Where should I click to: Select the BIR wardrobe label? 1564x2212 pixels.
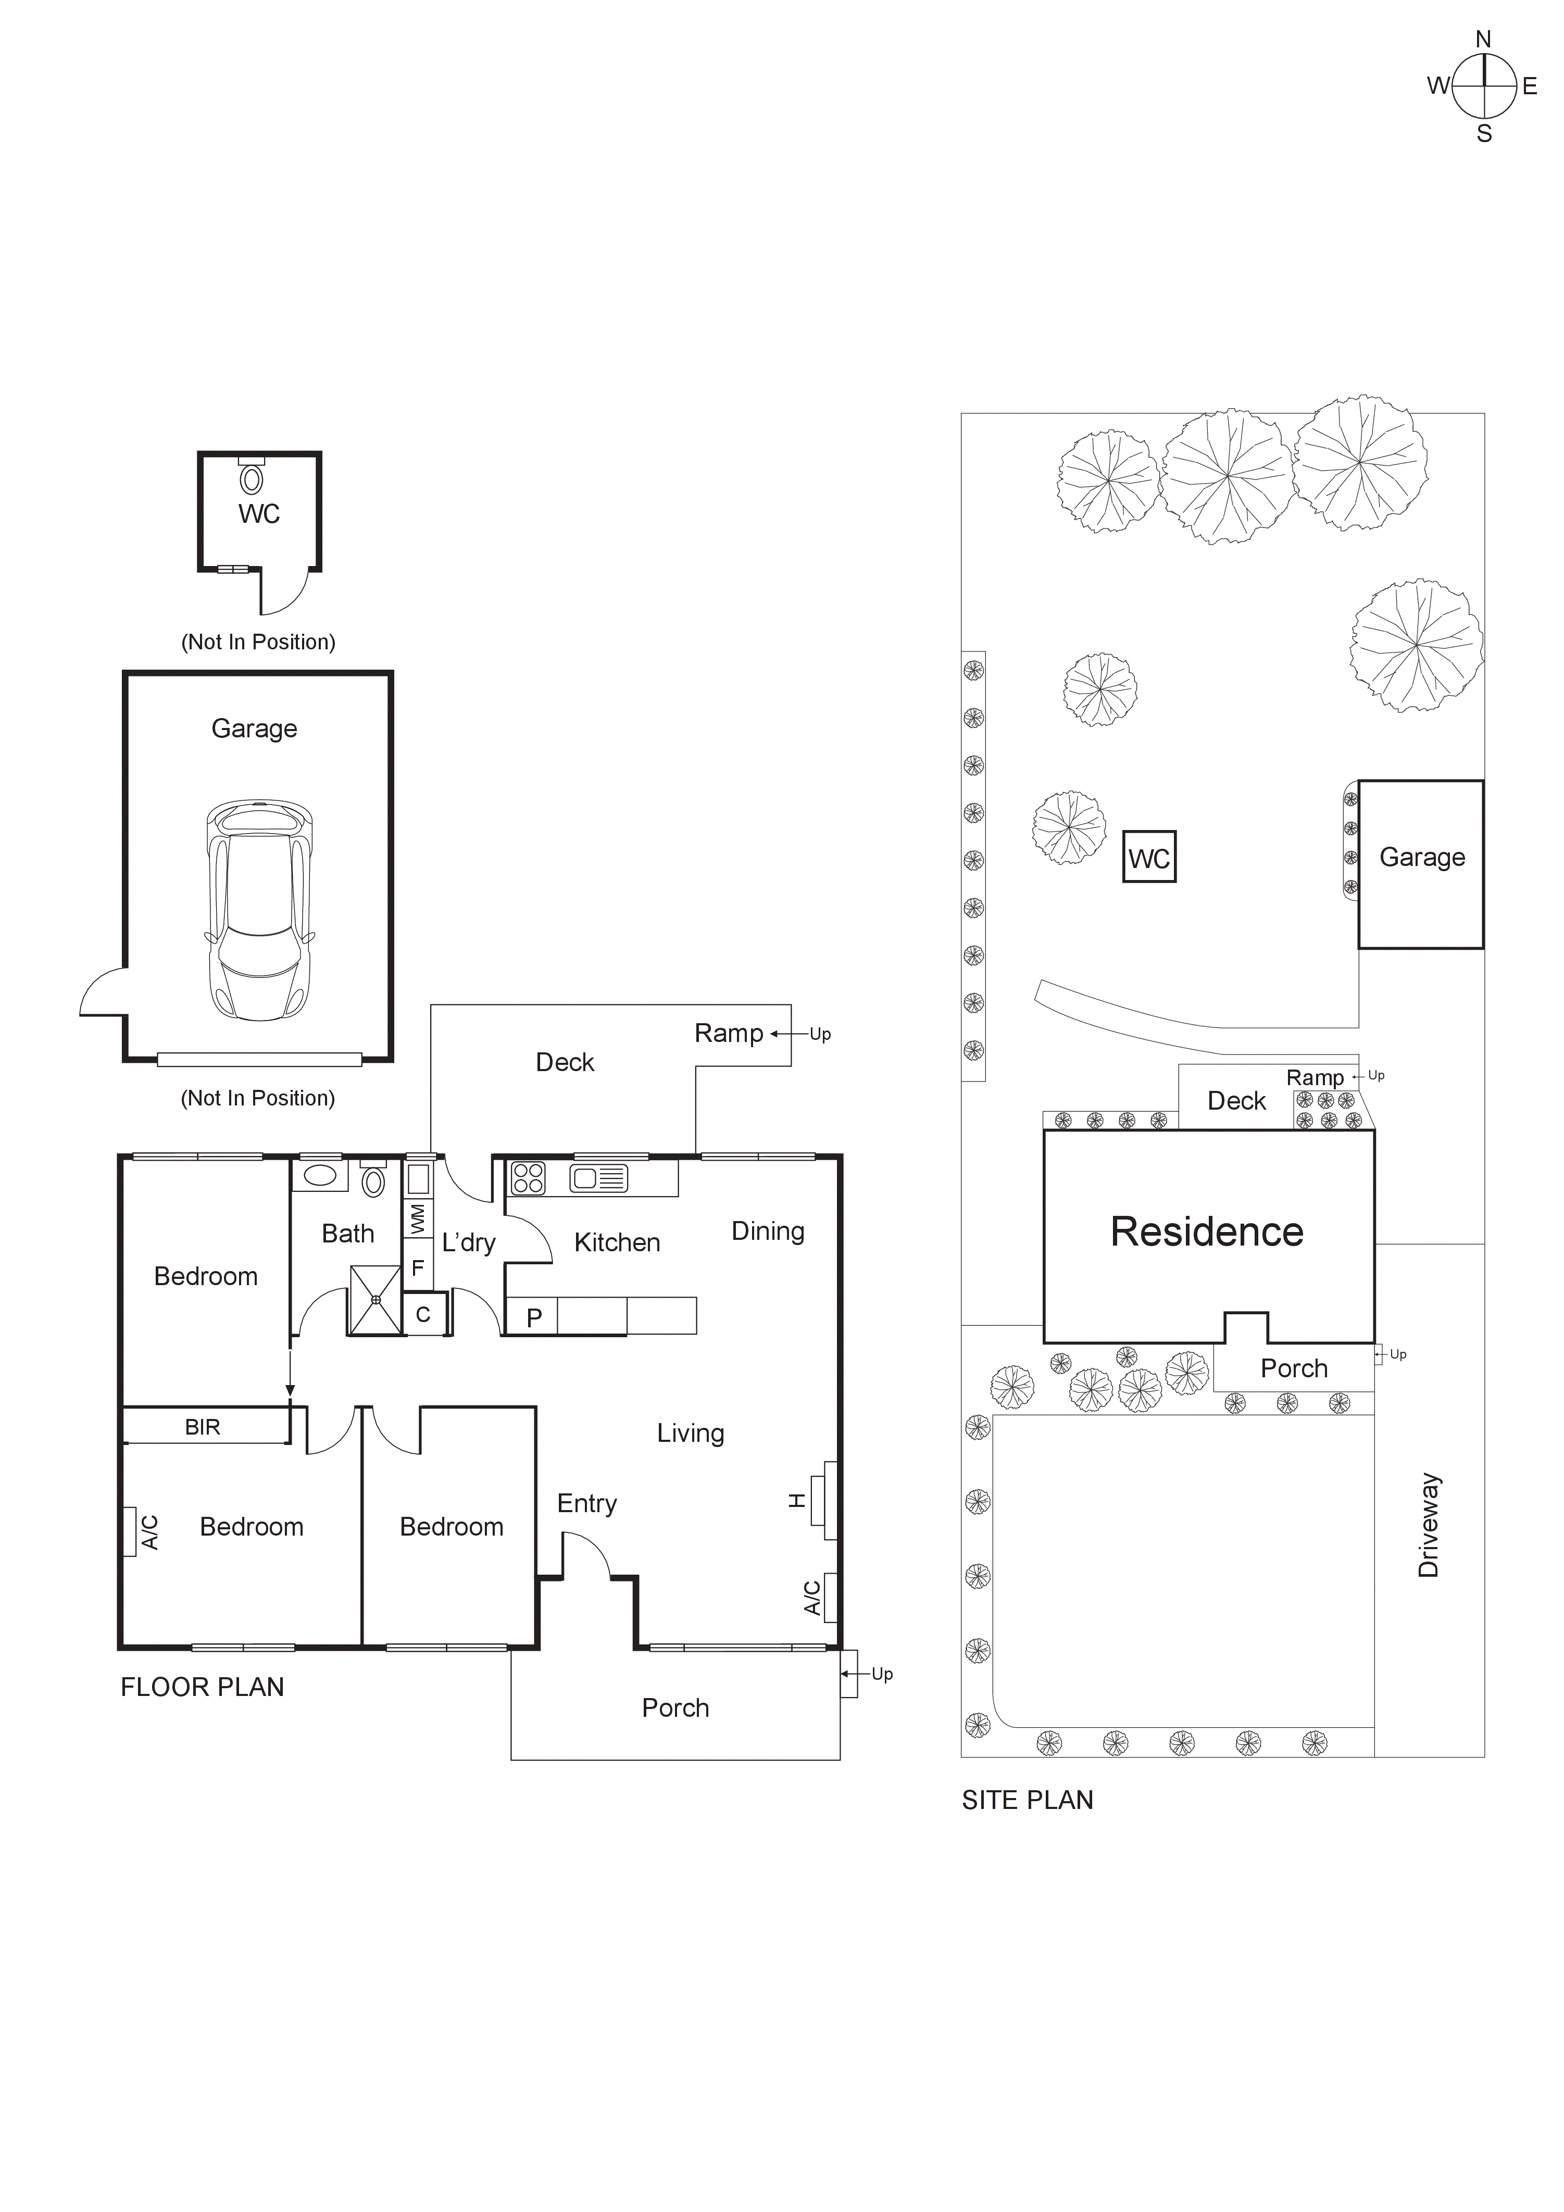point(203,1427)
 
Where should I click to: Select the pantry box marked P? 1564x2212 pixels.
point(534,1317)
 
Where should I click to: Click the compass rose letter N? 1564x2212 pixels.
point(1483,40)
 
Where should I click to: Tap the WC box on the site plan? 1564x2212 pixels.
point(1149,858)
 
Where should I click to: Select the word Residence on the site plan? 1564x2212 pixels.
point(1207,1232)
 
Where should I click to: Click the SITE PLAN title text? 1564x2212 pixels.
point(1027,1800)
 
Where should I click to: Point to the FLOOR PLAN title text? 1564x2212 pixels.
point(203,1687)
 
